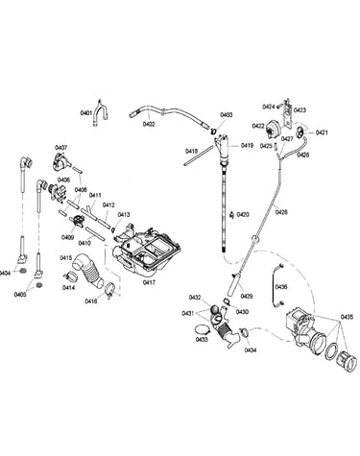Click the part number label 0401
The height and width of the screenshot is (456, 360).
[x=86, y=113]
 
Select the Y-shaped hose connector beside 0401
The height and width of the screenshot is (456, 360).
[x=101, y=112]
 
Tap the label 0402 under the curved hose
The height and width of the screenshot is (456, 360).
[x=149, y=124]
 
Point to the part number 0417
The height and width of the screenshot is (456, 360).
[x=149, y=282]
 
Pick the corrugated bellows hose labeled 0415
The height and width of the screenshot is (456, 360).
[x=87, y=271]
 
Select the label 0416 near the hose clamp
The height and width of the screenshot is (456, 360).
[x=91, y=300]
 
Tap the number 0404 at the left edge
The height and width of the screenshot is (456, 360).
[x=4, y=273]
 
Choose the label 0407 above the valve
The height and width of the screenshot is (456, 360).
[x=61, y=148]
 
